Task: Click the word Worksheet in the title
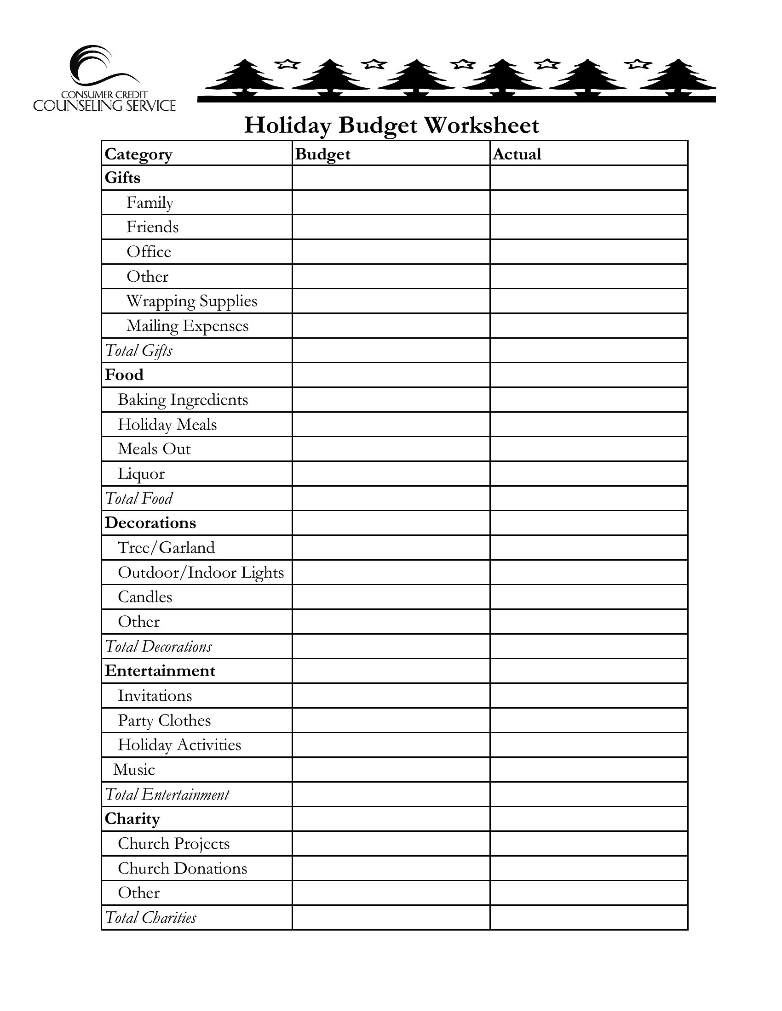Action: point(482,125)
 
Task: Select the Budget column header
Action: point(322,154)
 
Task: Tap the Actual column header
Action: point(517,154)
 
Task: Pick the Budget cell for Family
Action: point(391,203)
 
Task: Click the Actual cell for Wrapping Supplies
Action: point(588,301)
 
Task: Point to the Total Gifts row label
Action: point(138,351)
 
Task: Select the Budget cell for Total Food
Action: point(391,499)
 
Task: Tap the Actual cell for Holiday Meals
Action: point(588,425)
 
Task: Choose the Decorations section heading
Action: point(150,523)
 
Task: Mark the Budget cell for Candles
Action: point(391,597)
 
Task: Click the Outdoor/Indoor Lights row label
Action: point(201,573)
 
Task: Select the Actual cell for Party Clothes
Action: point(588,720)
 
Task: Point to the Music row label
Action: point(134,770)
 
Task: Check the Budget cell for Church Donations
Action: point(391,869)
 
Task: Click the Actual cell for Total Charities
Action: point(588,918)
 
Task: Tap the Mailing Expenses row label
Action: point(187,326)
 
